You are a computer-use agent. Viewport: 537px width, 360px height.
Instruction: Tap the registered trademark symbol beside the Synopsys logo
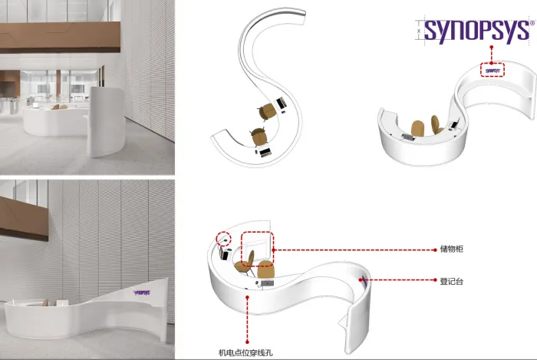click(x=532, y=23)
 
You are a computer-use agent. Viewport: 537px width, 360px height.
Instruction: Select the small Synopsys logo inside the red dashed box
click(x=493, y=71)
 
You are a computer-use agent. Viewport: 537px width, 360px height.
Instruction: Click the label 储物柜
click(x=451, y=249)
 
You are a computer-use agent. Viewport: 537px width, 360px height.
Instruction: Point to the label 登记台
click(x=451, y=281)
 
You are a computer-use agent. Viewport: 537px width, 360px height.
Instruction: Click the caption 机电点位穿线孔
click(x=245, y=352)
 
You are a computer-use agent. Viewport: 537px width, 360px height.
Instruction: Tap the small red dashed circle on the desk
click(x=224, y=239)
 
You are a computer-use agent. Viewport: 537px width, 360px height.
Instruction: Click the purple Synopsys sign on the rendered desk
click(x=142, y=292)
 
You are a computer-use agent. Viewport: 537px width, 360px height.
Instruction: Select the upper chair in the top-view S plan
click(x=267, y=111)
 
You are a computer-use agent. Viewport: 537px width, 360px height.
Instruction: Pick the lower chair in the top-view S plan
click(x=259, y=137)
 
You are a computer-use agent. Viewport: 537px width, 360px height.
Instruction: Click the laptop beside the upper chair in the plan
click(x=282, y=102)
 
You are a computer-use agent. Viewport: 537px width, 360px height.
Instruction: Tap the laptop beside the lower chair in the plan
click(x=265, y=151)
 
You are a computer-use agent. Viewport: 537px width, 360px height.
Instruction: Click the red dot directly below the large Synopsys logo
click(x=492, y=47)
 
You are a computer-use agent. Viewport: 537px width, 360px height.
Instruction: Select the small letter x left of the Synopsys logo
click(x=419, y=31)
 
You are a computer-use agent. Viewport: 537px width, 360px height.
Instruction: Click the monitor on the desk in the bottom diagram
click(x=267, y=283)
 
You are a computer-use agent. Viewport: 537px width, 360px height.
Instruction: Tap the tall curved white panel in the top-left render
click(x=106, y=121)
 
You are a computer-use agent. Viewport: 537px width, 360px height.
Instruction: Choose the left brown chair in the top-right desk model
click(x=418, y=128)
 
